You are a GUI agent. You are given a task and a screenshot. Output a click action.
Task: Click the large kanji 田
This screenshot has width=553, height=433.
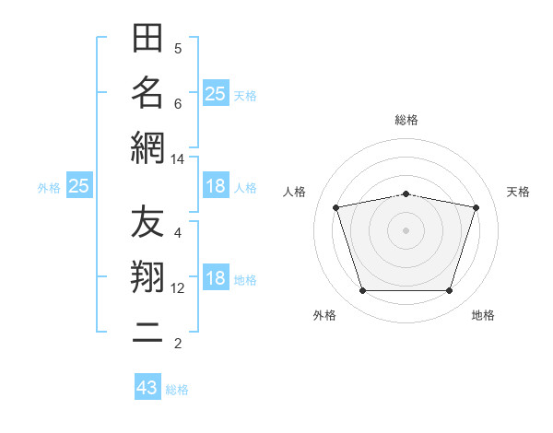tap(147, 38)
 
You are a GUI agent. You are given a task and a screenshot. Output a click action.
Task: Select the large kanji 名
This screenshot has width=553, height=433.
tap(147, 93)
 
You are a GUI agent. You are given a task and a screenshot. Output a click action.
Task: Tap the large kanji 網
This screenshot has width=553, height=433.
tap(147, 148)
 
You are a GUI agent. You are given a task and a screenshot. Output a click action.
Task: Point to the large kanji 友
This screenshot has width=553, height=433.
tap(147, 221)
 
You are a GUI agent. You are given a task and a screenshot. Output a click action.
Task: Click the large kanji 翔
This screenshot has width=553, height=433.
tap(147, 276)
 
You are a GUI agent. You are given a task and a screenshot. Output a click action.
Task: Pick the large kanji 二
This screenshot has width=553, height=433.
tap(147, 333)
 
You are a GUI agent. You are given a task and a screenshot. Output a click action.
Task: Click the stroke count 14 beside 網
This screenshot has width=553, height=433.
tap(177, 159)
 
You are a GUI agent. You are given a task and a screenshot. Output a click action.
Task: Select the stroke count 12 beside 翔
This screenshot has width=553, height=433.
tap(177, 288)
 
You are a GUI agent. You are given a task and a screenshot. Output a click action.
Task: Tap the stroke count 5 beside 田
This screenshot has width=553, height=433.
tap(178, 49)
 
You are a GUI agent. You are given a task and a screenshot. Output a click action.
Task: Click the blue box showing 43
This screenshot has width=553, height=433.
tap(147, 386)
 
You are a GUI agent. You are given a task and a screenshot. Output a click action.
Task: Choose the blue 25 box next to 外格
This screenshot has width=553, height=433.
tap(79, 185)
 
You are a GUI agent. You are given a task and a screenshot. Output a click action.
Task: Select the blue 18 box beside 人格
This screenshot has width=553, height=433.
tap(216, 185)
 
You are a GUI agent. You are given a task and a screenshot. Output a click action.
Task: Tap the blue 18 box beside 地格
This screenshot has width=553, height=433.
tap(216, 276)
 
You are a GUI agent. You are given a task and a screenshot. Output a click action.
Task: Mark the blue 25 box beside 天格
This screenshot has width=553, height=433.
tap(216, 93)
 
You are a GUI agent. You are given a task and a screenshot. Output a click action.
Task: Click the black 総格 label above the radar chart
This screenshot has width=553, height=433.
tap(406, 120)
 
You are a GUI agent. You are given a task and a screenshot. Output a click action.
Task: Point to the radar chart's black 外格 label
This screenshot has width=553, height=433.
tap(324, 315)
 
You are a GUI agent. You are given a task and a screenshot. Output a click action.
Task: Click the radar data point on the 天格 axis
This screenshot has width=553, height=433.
tap(477, 207)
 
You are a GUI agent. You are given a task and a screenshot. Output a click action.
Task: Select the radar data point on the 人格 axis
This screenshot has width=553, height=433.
tap(336, 207)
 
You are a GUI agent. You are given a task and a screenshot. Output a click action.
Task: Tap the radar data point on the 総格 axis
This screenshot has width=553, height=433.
tap(406, 194)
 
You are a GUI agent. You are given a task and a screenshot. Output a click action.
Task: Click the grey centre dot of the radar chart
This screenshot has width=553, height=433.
tap(406, 230)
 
